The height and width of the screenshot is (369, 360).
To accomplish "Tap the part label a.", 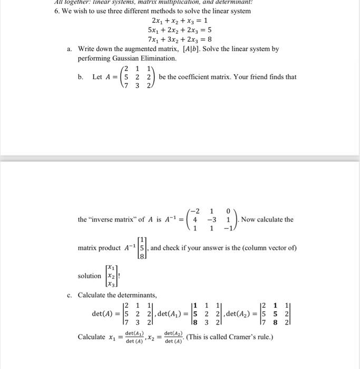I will pos(70,49).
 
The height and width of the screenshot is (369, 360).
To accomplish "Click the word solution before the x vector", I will pos(89,276).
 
